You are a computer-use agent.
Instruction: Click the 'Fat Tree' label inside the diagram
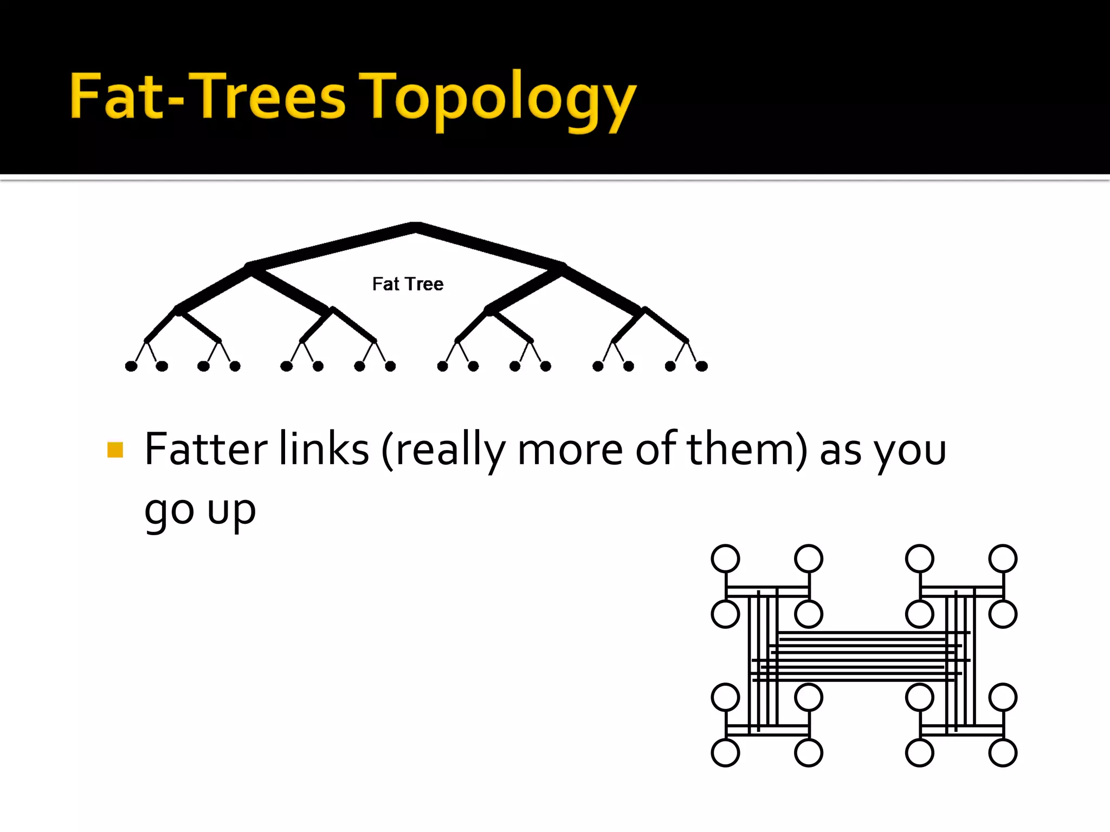pyautogui.click(x=408, y=284)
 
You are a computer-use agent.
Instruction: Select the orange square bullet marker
pyautogui.click(x=115, y=450)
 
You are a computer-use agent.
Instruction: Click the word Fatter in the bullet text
pyautogui.click(x=206, y=449)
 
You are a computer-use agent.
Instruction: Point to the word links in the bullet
pyautogui.click(x=324, y=449)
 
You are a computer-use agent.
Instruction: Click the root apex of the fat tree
pyautogui.click(x=415, y=227)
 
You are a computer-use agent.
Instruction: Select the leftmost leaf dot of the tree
pyautogui.click(x=131, y=366)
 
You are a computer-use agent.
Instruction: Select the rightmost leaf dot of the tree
pyautogui.click(x=701, y=366)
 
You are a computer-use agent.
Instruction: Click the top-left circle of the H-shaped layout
pyautogui.click(x=725, y=558)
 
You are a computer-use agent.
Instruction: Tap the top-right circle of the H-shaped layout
pyautogui.click(x=1003, y=558)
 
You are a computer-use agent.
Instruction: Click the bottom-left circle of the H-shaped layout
pyautogui.click(x=725, y=753)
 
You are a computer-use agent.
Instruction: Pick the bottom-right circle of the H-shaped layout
pyautogui.click(x=1003, y=753)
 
